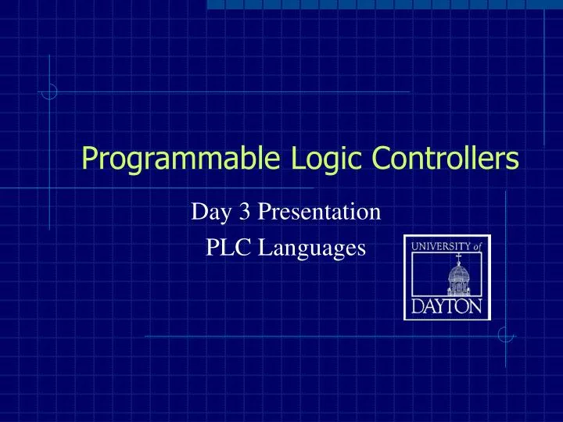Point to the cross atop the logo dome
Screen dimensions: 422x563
[458, 256]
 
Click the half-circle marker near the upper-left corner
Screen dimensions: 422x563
[49, 92]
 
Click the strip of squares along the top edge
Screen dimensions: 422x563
[383, 5]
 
